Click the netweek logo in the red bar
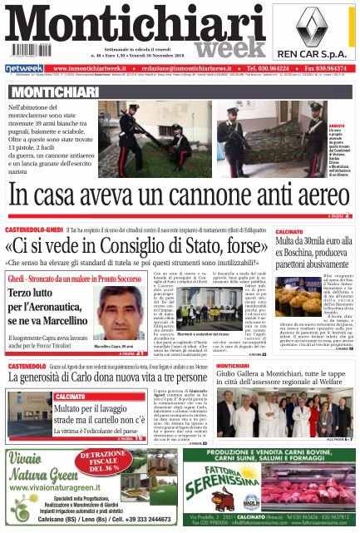(x=25, y=68)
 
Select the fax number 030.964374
(x=325, y=68)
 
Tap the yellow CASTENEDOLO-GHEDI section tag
(x=38, y=228)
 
